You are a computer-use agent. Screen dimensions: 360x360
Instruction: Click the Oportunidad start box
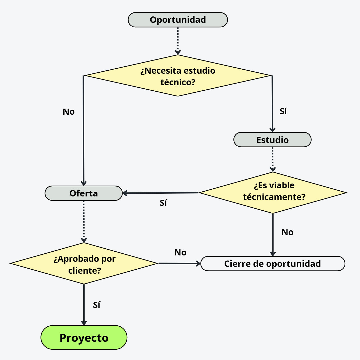pos(178,20)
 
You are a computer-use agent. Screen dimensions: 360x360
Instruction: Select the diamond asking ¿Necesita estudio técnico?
pos(178,76)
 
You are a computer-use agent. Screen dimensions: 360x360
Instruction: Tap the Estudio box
pos(272,140)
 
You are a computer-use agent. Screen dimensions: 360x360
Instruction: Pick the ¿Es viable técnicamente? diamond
pos(273,193)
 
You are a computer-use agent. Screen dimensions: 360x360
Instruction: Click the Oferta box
pos(84,193)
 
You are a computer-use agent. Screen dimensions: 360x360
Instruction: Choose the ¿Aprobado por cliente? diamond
pos(84,264)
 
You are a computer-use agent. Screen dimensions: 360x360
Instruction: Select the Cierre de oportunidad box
pos(273,264)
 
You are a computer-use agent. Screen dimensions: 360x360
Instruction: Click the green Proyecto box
pos(84,337)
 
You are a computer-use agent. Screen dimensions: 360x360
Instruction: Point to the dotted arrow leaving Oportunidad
pos(178,41)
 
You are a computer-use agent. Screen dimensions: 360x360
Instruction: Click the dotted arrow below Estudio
pos(273,159)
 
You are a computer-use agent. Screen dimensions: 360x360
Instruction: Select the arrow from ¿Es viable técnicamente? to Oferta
pos(160,193)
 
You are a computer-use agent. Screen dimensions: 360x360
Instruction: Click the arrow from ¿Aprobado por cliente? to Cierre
pos(179,264)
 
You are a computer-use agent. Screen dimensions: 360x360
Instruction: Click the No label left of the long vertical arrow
pos(69,112)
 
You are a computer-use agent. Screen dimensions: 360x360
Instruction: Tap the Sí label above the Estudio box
pos(283,111)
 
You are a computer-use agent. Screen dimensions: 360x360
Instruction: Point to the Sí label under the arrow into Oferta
pos(163,203)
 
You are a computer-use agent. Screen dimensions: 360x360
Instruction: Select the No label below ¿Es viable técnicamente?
pos(287,232)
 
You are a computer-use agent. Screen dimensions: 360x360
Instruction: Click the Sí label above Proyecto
pos(96,305)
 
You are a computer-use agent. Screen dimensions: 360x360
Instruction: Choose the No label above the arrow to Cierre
pos(180,252)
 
